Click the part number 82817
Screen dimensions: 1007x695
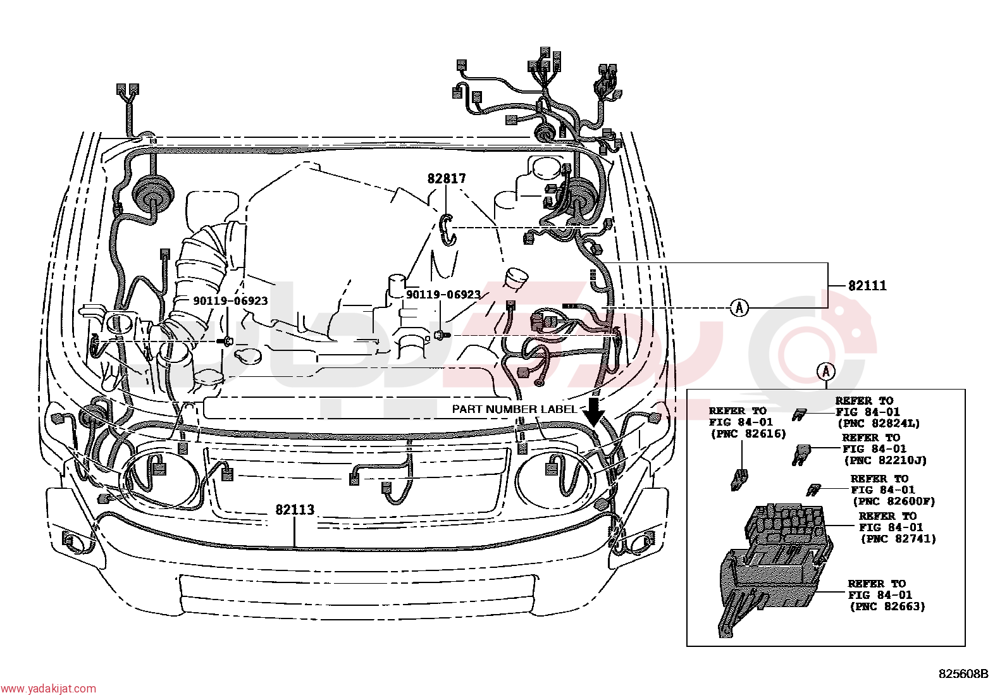446,178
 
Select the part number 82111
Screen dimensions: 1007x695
867,285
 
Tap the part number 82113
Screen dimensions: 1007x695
295,510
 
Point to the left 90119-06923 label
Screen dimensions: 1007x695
230,301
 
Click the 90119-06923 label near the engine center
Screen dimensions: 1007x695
443,295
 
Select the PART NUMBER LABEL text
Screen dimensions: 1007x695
514,409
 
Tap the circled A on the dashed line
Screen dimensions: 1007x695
739,307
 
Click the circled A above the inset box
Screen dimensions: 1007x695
826,372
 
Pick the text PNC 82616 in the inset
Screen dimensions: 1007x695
748,434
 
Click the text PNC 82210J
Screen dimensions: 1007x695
885,460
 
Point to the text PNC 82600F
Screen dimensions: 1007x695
894,501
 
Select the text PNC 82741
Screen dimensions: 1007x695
898,539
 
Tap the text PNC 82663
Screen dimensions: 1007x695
887,606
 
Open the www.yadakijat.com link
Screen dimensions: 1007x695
48,689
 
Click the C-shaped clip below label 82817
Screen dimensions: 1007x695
447,230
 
